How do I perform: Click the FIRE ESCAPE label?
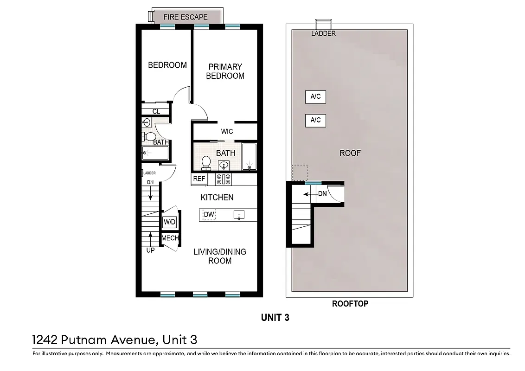pyautogui.click(x=186, y=17)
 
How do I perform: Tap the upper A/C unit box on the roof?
pyautogui.click(x=315, y=97)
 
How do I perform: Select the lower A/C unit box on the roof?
pyautogui.click(x=315, y=121)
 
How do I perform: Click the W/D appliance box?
pyautogui.click(x=169, y=223)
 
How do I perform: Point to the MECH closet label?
pyautogui.click(x=170, y=238)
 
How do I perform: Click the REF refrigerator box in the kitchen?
pyautogui.click(x=199, y=179)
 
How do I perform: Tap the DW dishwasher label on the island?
pyautogui.click(x=209, y=215)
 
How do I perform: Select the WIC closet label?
pyautogui.click(x=227, y=132)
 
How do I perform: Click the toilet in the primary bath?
pyautogui.click(x=206, y=162)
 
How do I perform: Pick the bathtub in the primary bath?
pyautogui.click(x=250, y=157)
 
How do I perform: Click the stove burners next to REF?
pyautogui.click(x=224, y=179)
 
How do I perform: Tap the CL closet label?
pyautogui.click(x=156, y=112)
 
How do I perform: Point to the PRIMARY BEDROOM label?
pyautogui.click(x=225, y=71)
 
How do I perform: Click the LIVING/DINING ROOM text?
pyautogui.click(x=219, y=256)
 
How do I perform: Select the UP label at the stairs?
pyautogui.click(x=151, y=250)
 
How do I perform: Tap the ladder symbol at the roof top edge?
pyautogui.click(x=323, y=24)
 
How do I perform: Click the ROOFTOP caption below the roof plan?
pyautogui.click(x=350, y=304)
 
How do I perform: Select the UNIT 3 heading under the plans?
pyautogui.click(x=275, y=318)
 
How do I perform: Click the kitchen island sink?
pyautogui.click(x=239, y=215)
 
